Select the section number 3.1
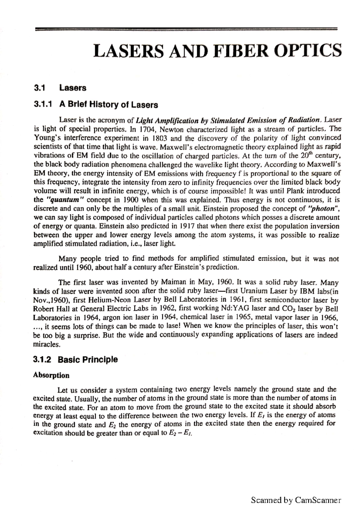click(x=39, y=88)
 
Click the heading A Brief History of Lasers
click(x=109, y=105)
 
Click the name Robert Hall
click(x=51, y=308)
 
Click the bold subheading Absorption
click(x=51, y=375)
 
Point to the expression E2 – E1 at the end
click(x=180, y=433)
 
